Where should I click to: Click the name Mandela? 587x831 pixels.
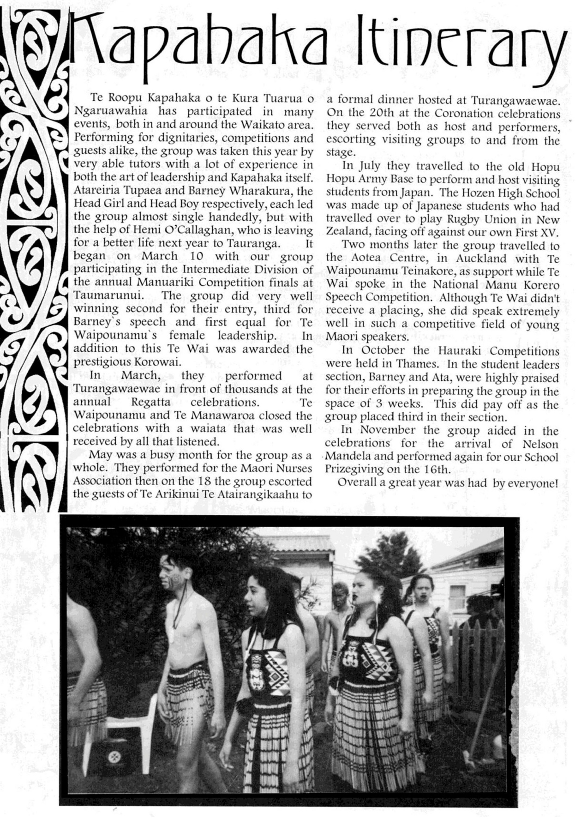pos(351,458)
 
